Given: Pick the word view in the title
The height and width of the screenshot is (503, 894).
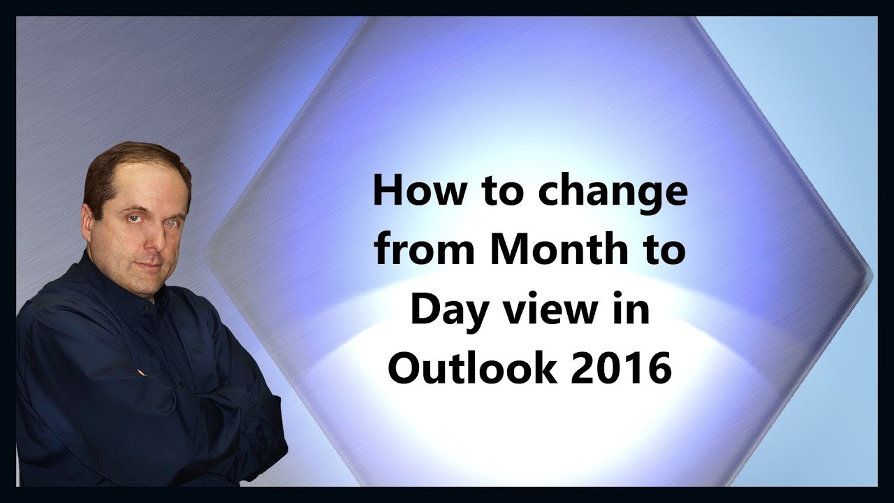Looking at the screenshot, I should coord(560,310).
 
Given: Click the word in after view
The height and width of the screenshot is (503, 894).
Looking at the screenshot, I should coord(633,309).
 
